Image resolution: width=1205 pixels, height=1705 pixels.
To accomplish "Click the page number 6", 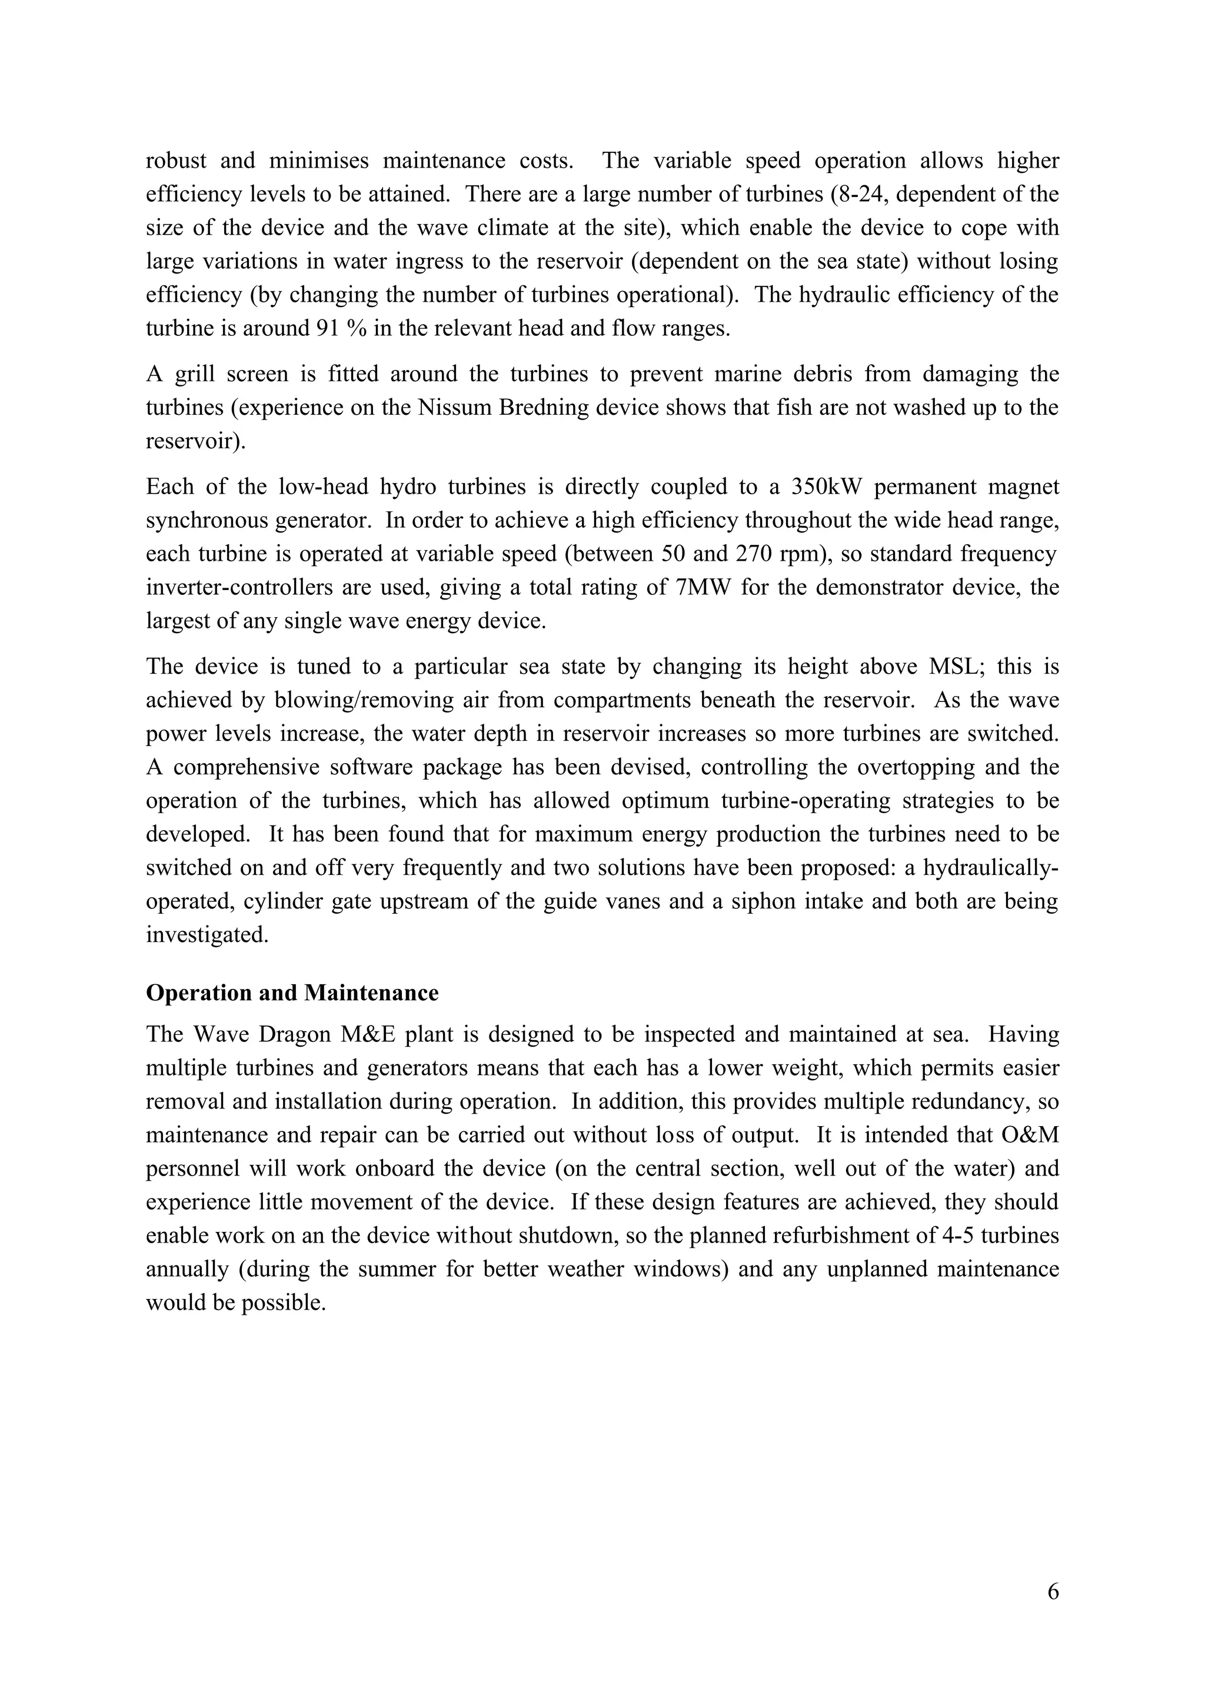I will click(x=1053, y=1591).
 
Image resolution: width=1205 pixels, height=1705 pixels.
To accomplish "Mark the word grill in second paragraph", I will click(x=195, y=374).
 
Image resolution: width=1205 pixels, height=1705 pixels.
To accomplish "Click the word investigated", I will click(x=207, y=934).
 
